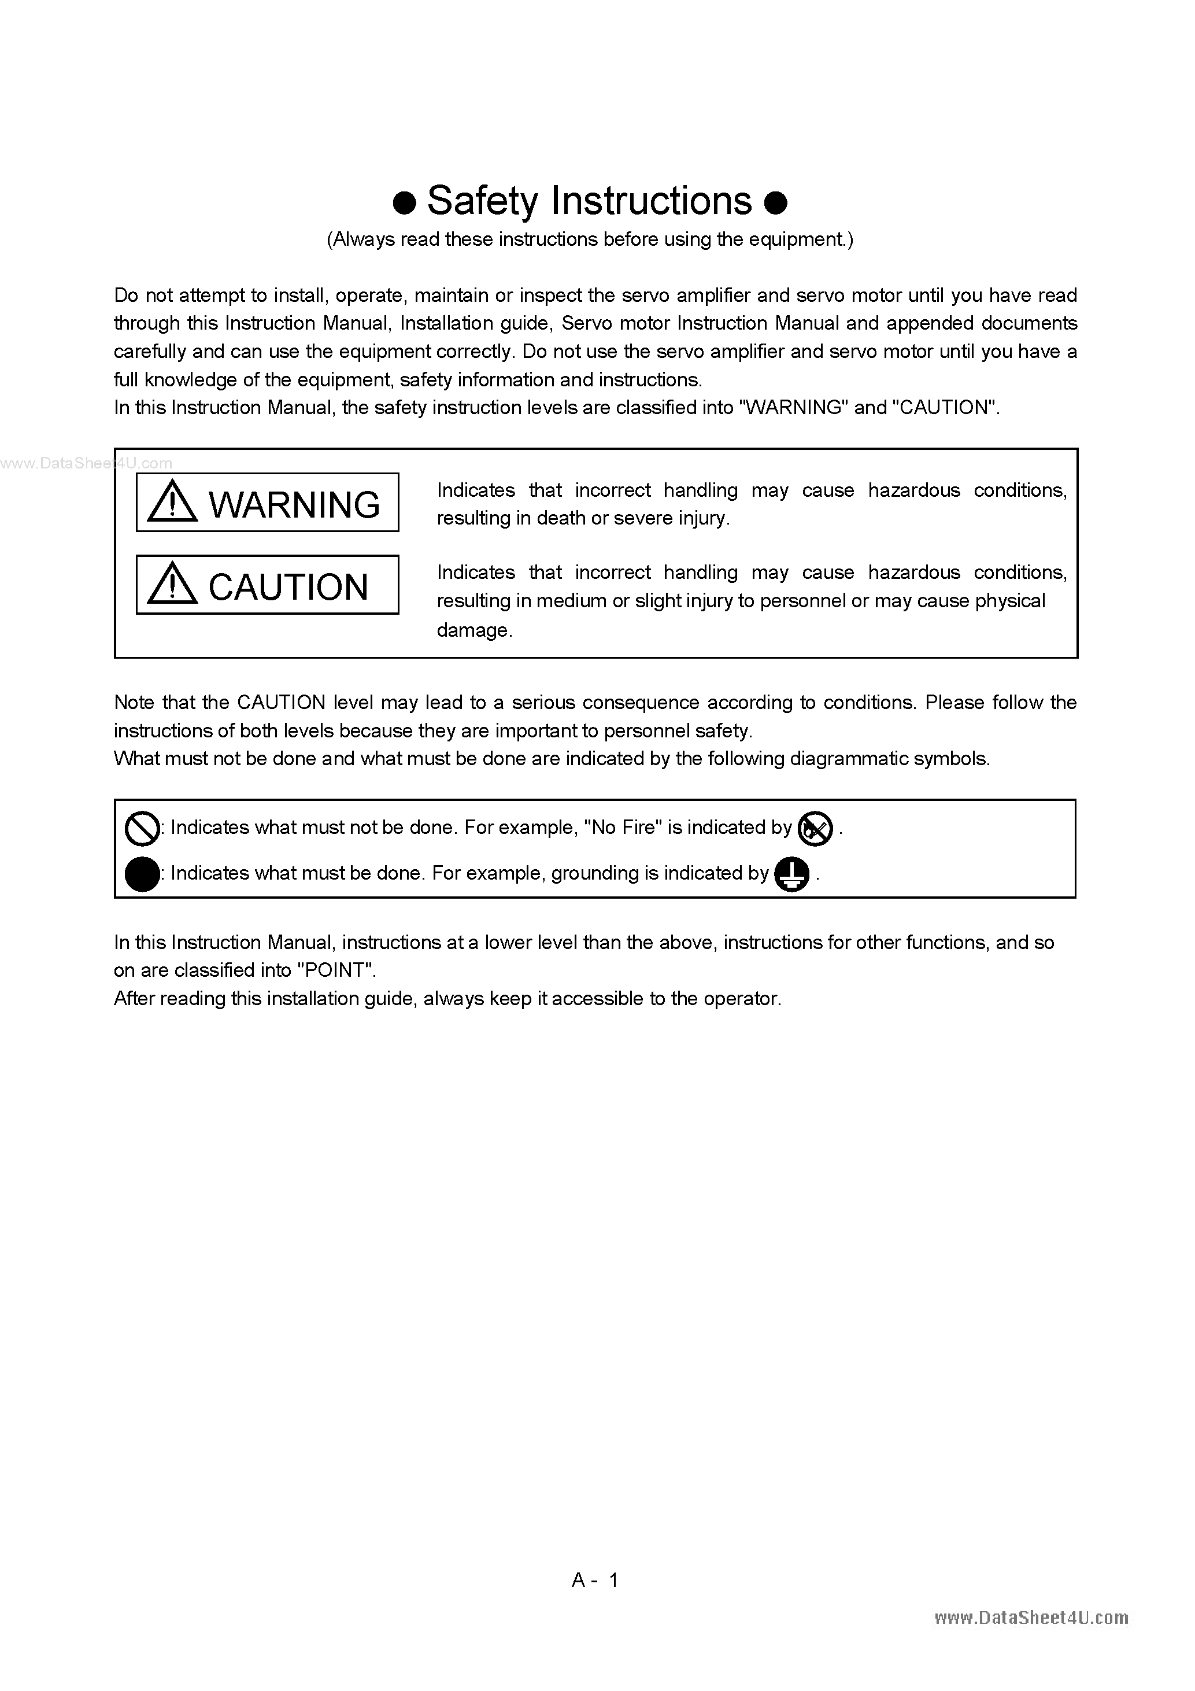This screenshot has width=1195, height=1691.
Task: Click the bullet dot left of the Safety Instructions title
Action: coord(404,202)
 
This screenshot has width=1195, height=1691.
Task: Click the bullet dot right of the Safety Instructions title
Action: coord(776,202)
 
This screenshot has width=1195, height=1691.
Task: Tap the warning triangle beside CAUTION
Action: coord(172,584)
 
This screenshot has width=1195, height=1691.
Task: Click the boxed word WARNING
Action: coord(294,504)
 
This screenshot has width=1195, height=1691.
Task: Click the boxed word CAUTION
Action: coord(288,587)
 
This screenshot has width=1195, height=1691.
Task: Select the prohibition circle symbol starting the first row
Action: coord(142,829)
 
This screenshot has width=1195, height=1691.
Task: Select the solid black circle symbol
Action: coord(142,874)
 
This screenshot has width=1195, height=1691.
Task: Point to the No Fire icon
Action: coord(815,829)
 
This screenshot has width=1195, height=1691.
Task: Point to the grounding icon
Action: coord(792,874)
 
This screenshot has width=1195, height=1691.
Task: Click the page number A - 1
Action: coord(595,1580)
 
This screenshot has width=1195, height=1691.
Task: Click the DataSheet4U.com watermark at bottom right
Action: coord(1031,1618)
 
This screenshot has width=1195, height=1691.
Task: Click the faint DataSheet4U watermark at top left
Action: coord(86,463)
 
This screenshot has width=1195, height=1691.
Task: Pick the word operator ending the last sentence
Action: coord(740,999)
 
